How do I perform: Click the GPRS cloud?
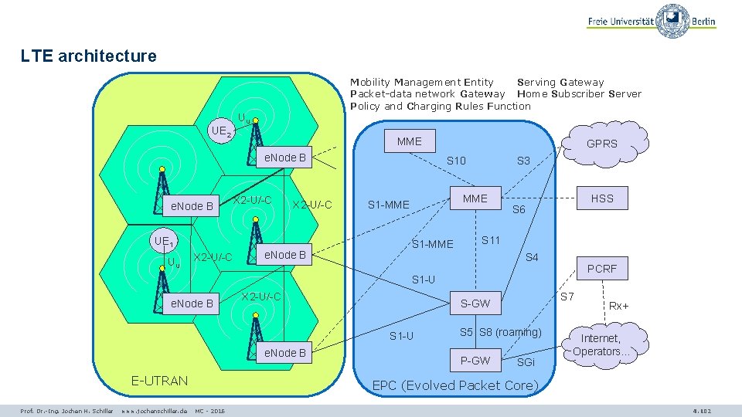pyautogui.click(x=601, y=144)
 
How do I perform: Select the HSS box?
pyautogui.click(x=602, y=198)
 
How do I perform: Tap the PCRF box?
pyautogui.click(x=602, y=269)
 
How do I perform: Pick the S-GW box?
pyautogui.click(x=475, y=303)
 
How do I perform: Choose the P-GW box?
pyautogui.click(x=475, y=360)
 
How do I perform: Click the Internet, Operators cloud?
pyautogui.click(x=601, y=345)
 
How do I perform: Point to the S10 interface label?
pyautogui.click(x=457, y=161)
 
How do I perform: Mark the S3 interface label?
pyautogui.click(x=523, y=161)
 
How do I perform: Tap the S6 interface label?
pyautogui.click(x=519, y=210)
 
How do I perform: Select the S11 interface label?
pyautogui.click(x=491, y=240)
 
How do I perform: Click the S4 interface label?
pyautogui.click(x=532, y=257)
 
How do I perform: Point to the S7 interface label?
pyautogui.click(x=567, y=297)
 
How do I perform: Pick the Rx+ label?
pyautogui.click(x=619, y=306)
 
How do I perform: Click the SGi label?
pyautogui.click(x=526, y=362)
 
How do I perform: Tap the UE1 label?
pyautogui.click(x=165, y=242)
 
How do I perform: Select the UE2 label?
pyautogui.click(x=222, y=132)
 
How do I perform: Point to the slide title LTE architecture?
pyautogui.click(x=89, y=56)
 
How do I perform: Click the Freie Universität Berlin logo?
pyautogui.click(x=651, y=22)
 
